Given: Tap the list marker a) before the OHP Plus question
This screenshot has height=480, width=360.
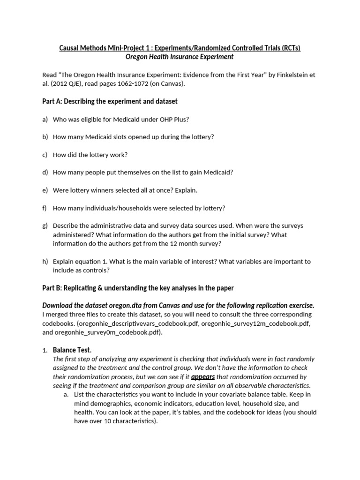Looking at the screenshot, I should pyautogui.click(x=45, y=119).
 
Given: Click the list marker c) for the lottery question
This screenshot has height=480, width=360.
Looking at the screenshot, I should pyautogui.click(x=45, y=155).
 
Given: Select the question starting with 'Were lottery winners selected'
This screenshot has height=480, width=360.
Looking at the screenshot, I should pyautogui.click(x=125, y=190).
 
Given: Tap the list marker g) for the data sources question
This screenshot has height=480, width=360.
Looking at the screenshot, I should pyautogui.click(x=45, y=226).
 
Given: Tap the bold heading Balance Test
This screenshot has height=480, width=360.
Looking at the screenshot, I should pyautogui.click(x=72, y=350).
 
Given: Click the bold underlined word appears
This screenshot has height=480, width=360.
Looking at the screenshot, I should pyautogui.click(x=202, y=376).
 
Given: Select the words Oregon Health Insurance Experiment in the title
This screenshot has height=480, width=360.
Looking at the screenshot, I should pyautogui.click(x=180, y=57).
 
